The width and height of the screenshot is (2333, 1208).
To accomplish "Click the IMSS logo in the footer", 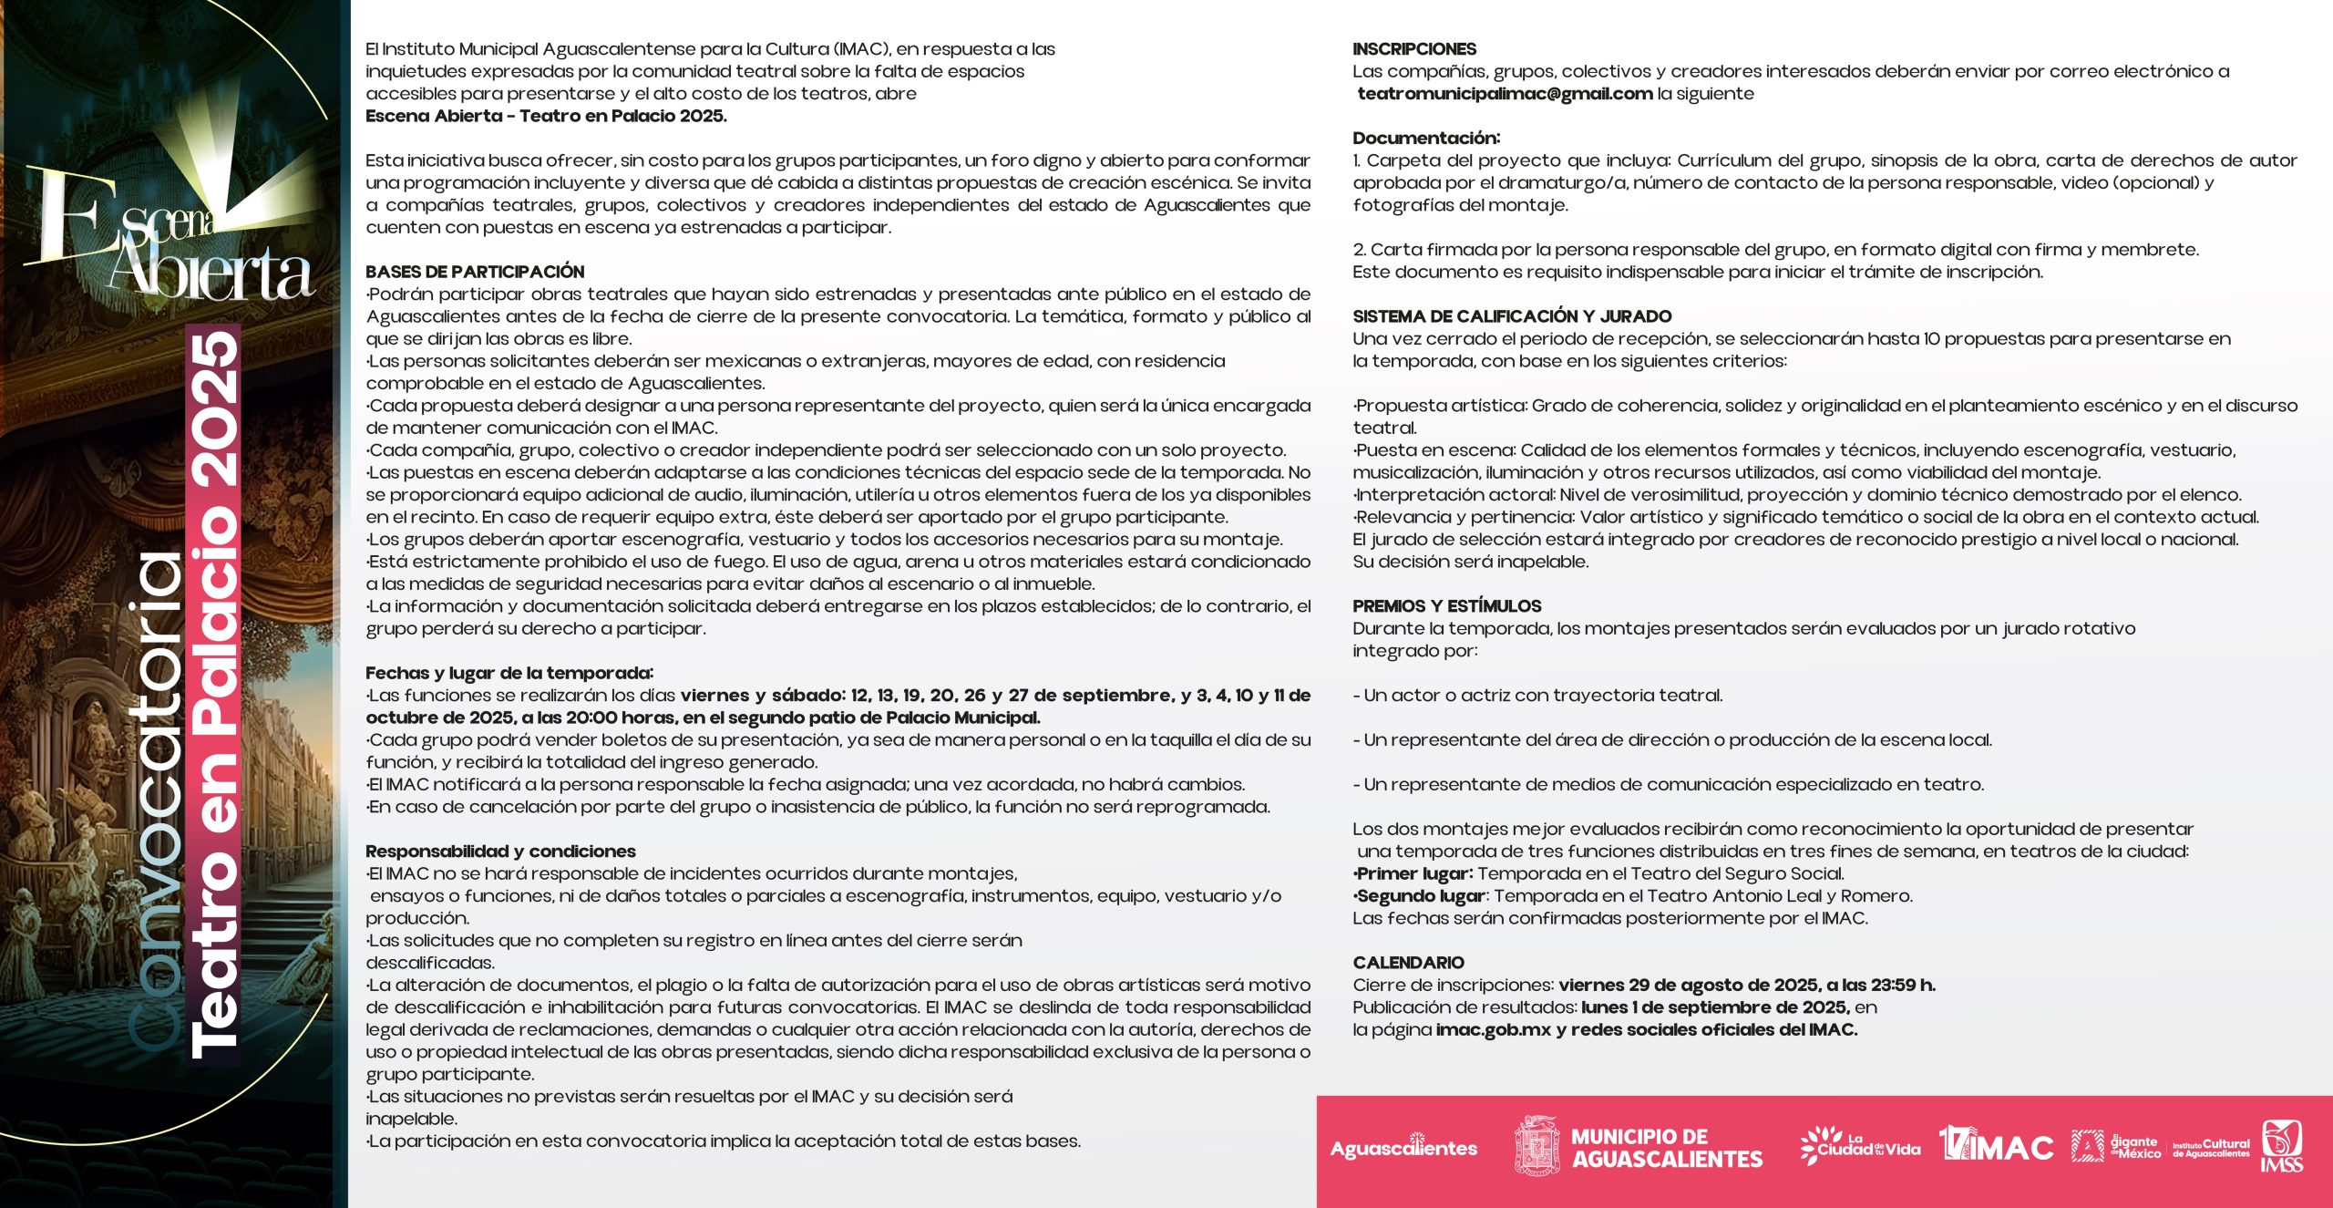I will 2281,1146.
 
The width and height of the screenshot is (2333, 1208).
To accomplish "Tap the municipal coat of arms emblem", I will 1536,1146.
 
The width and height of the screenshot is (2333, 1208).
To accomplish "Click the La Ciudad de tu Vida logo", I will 1859,1146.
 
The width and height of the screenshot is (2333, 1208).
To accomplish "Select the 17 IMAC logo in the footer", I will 1996,1146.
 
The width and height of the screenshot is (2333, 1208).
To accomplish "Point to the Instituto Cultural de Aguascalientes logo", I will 2211,1148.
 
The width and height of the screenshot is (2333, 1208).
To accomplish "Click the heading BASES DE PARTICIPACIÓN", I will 475,272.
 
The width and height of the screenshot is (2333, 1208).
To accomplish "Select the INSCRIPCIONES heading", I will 1414,49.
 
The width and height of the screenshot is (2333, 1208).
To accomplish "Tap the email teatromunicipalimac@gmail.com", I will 1505,94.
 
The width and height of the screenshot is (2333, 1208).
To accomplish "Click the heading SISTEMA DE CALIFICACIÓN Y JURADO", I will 1512,316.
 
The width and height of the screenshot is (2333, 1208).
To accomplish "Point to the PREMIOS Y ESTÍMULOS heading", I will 1446,606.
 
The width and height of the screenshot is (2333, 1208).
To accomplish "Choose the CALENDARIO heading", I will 1408,963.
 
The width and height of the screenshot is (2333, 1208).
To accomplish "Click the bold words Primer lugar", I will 1414,873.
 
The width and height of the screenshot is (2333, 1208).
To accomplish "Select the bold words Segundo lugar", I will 1422,896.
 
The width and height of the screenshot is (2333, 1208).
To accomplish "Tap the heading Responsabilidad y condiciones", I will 500,852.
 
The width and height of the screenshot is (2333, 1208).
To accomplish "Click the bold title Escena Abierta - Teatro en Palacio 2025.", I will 546,116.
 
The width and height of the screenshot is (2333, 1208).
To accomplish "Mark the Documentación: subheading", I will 1426,139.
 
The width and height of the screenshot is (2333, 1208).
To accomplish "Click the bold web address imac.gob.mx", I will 1493,1030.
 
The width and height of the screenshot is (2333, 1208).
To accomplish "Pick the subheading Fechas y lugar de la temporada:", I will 509,673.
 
